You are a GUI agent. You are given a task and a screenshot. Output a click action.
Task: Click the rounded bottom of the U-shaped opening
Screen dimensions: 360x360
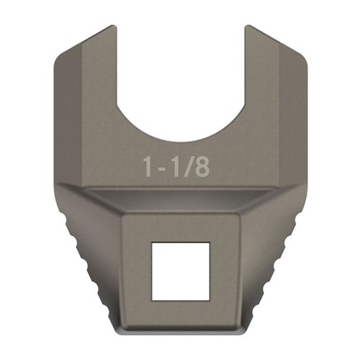[180, 138]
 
